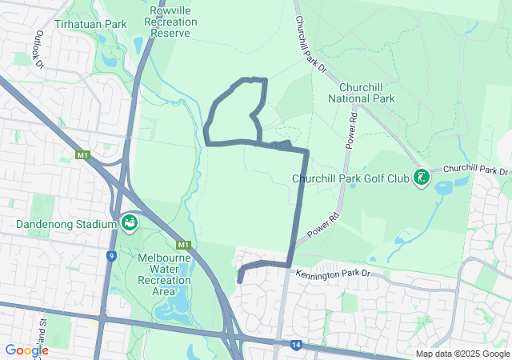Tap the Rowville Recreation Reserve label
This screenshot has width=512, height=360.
click(170, 22)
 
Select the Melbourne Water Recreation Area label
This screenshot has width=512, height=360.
click(164, 274)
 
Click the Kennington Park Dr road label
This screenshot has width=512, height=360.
click(334, 274)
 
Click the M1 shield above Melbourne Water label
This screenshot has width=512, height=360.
click(184, 244)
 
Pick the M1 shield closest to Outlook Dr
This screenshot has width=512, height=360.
click(82, 154)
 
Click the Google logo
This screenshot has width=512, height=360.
click(26, 350)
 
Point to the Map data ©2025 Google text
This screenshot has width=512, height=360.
click(462, 354)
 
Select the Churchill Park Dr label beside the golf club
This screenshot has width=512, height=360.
click(475, 170)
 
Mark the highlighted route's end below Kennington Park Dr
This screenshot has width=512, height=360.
click(239, 281)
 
